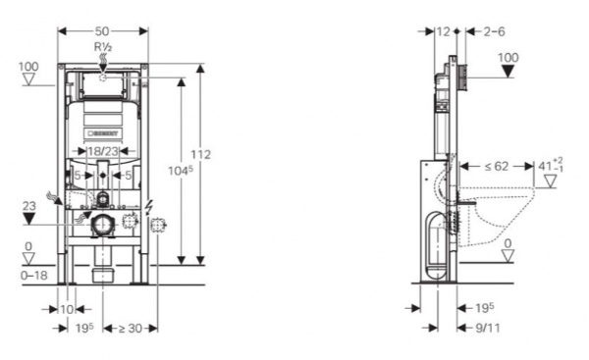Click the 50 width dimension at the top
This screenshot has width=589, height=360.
click(102, 30)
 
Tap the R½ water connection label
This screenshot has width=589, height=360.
click(103, 47)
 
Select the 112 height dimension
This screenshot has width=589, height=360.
click(200, 154)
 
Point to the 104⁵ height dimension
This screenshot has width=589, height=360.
click(181, 171)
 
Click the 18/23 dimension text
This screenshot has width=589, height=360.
click(102, 151)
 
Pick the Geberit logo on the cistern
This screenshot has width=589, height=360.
click(102, 133)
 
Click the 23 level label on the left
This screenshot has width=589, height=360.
click(28, 206)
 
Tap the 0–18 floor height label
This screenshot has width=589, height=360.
click(34, 276)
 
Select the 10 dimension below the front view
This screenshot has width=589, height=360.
click(67, 309)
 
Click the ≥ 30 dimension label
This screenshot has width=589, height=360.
click(131, 329)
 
